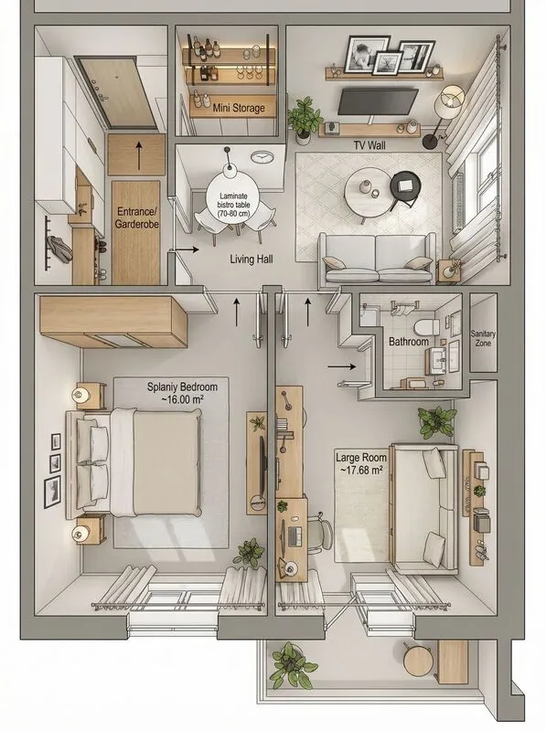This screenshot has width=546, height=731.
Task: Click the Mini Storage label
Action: (x=239, y=108)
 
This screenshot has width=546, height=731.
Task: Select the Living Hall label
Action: (x=251, y=260)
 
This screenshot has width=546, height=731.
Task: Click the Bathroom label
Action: (x=408, y=342)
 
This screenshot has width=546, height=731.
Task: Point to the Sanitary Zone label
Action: (x=483, y=339)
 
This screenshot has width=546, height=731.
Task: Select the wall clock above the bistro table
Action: (x=260, y=157)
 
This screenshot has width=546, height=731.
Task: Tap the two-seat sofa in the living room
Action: (x=375, y=259)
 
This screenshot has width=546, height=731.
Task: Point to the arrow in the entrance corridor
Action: (x=138, y=156)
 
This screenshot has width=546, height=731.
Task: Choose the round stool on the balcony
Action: (x=417, y=660)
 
